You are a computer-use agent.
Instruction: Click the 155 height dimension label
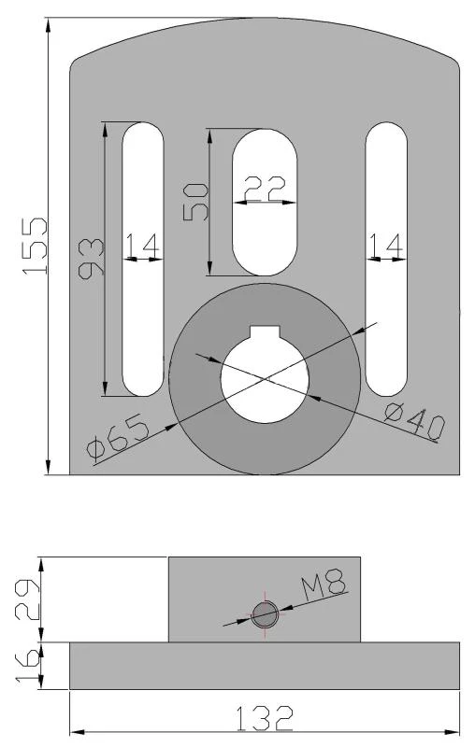point(35,246)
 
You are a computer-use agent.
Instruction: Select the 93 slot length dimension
point(91,259)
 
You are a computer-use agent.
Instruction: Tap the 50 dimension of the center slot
point(196,203)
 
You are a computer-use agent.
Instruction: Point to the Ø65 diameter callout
point(118,435)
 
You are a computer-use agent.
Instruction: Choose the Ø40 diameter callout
point(414,420)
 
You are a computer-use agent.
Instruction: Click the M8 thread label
point(323,585)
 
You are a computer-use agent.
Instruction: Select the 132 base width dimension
point(265,718)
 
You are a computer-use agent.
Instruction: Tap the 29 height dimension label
point(28,599)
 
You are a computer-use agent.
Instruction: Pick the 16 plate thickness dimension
point(28,666)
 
